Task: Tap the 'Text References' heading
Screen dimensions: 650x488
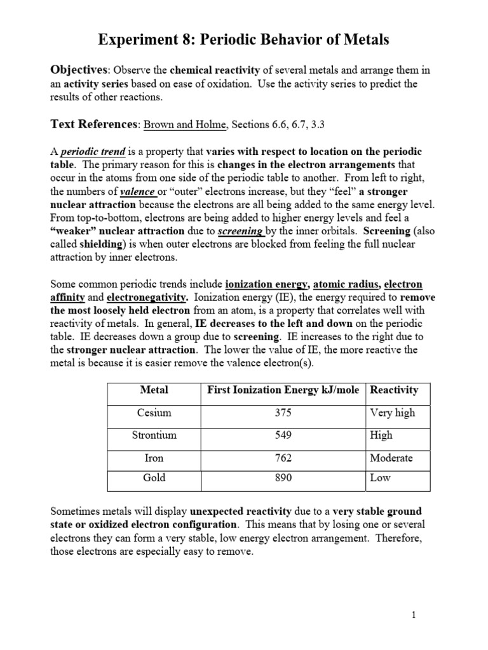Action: (93, 124)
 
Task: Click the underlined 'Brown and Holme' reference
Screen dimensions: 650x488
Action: (184, 125)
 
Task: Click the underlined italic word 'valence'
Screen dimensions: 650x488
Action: (139, 191)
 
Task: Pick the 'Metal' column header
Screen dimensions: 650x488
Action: (154, 390)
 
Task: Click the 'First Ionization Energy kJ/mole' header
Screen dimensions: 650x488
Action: (283, 390)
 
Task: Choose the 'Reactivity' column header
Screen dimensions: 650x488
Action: (394, 390)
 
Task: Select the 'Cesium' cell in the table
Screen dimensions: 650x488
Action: (154, 413)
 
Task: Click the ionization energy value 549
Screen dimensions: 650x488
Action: (283, 435)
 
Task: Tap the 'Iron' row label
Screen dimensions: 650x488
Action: (154, 458)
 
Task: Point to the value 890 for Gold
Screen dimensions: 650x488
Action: (283, 478)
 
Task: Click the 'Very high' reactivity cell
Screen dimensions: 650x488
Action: (392, 413)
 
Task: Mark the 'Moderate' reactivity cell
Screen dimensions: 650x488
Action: (391, 458)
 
